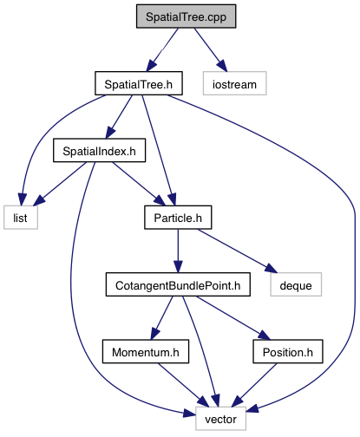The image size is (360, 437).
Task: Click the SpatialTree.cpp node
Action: (x=187, y=16)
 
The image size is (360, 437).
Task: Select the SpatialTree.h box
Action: (x=139, y=83)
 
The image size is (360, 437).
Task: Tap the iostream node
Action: (x=235, y=83)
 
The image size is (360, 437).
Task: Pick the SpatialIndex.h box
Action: (x=99, y=150)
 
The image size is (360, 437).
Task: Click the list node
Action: (x=21, y=218)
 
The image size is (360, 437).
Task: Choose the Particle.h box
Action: (x=178, y=218)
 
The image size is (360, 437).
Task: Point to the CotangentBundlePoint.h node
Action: (x=178, y=284)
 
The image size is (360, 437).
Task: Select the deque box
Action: (x=296, y=284)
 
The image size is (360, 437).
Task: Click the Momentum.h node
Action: (x=146, y=351)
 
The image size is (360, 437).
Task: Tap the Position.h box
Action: (x=288, y=351)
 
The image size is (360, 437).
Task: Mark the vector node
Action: (x=221, y=419)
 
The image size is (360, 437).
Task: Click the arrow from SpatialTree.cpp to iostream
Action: (x=211, y=49)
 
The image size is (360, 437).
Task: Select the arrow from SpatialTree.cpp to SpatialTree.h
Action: (x=162, y=49)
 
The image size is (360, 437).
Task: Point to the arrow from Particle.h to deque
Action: (x=238, y=251)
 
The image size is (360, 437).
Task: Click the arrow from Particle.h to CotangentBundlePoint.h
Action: (x=178, y=251)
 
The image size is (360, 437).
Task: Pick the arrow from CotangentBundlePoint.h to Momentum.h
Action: (x=161, y=318)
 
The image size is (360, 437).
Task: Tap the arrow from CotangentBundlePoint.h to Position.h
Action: (x=233, y=318)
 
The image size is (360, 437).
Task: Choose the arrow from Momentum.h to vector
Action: (x=183, y=385)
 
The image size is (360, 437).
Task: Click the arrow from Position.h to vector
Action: (x=254, y=385)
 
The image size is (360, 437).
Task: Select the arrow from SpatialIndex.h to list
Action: (x=60, y=184)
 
